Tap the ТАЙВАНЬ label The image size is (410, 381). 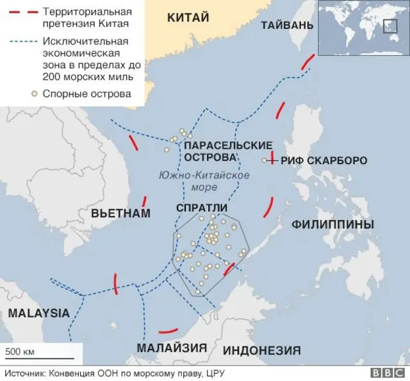point(287,25)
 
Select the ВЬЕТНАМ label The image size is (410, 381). point(120,213)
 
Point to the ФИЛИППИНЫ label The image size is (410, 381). point(332,224)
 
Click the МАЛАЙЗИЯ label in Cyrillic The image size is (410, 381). point(171,348)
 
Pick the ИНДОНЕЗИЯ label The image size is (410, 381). point(261,350)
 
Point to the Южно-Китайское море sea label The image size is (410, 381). point(204,180)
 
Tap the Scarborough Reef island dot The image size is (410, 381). point(265,160)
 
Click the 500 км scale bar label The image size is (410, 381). point(20,351)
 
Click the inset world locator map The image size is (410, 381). point(363,28)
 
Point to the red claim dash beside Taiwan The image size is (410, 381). point(307,63)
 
